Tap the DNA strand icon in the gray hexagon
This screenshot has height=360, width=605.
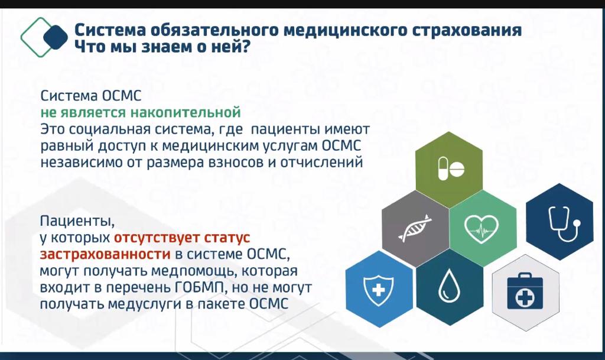pos(415,228)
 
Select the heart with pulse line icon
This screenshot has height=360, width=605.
pos(481,229)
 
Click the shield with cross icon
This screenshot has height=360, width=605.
pos(379,290)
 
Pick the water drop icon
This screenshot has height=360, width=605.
pos(450,286)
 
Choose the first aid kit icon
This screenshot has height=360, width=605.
pos(525,291)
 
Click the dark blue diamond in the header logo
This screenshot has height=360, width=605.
pos(56,37)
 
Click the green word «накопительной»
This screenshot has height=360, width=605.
pos(185,112)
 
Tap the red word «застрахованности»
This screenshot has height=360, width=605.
pos(105,254)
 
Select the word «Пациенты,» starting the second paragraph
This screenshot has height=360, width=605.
pos(77,222)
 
